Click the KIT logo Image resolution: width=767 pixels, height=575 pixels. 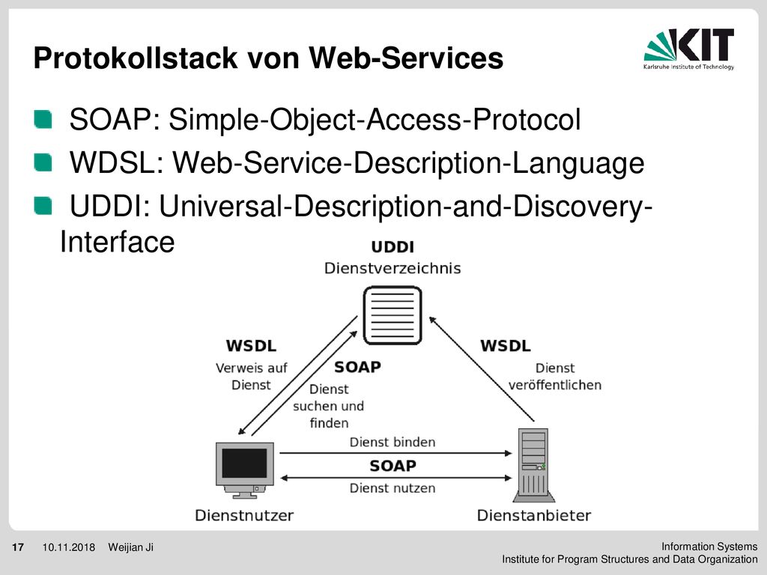pyautogui.click(x=689, y=49)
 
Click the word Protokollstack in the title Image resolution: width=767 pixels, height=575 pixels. pyautogui.click(x=136, y=58)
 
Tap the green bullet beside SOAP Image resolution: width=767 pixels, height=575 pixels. pyautogui.click(x=43, y=119)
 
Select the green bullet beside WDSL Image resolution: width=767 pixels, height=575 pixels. pyautogui.click(x=43, y=162)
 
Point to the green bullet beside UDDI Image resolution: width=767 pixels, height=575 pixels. pyautogui.click(x=43, y=205)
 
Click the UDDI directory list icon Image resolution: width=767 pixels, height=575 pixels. pyautogui.click(x=392, y=315)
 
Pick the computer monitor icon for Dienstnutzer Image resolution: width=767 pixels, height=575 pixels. pyautogui.click(x=245, y=470)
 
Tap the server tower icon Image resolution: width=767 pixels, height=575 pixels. pyautogui.click(x=533, y=465)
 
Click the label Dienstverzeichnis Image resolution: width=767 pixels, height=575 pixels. pyautogui.click(x=392, y=269)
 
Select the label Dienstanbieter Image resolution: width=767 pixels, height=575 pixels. pyautogui.click(x=533, y=515)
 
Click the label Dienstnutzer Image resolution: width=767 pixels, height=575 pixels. pyautogui.click(x=244, y=515)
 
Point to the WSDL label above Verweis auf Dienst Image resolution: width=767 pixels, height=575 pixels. pyautogui.click(x=251, y=346)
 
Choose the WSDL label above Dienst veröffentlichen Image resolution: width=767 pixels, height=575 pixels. pyautogui.click(x=506, y=346)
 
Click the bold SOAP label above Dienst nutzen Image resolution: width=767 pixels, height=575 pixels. pyautogui.click(x=392, y=466)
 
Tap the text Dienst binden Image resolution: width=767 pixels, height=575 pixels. pyautogui.click(x=392, y=442)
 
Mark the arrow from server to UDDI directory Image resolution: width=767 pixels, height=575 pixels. pyautogui.click(x=482, y=369)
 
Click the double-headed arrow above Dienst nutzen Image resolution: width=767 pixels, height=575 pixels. pyautogui.click(x=395, y=478)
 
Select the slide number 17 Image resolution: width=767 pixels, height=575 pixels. pyautogui.click(x=18, y=547)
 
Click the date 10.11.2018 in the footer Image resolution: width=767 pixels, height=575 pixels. pyautogui.click(x=68, y=547)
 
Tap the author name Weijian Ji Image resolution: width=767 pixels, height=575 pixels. pyautogui.click(x=130, y=547)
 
